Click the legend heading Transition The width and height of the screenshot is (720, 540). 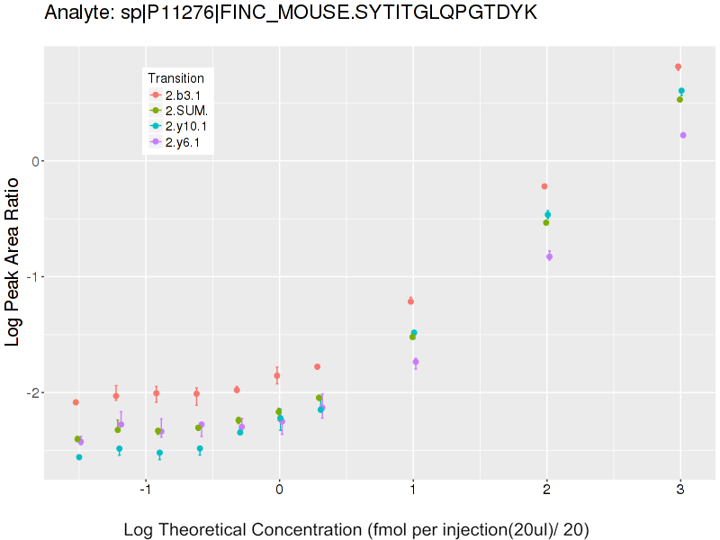click(x=175, y=78)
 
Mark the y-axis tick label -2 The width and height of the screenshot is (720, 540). click(x=33, y=392)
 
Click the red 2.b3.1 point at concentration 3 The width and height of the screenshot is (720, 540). click(x=678, y=67)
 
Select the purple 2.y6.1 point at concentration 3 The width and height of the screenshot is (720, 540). click(x=683, y=135)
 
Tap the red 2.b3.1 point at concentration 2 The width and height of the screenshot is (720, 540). click(x=544, y=186)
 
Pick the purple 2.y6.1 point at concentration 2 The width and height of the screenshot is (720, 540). click(x=549, y=256)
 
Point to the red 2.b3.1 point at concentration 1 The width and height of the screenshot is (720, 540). click(x=410, y=301)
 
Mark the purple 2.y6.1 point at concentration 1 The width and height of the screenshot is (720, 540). click(x=416, y=362)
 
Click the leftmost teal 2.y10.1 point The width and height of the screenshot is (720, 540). click(x=79, y=457)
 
